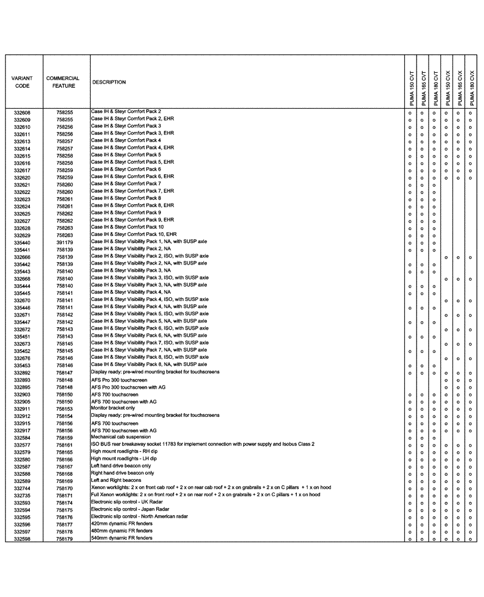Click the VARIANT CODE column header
coord(22,82)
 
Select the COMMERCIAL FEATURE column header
coord(63,82)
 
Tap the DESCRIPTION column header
coord(109,82)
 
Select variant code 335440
coord(22,243)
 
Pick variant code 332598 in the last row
coord(22,539)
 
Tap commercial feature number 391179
coord(64,243)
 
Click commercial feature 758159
coord(64,438)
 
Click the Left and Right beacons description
coord(116,481)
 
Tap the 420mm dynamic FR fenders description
coord(122,524)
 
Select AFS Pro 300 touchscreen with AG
coord(128,387)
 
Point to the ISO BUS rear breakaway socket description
coord(202,444)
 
